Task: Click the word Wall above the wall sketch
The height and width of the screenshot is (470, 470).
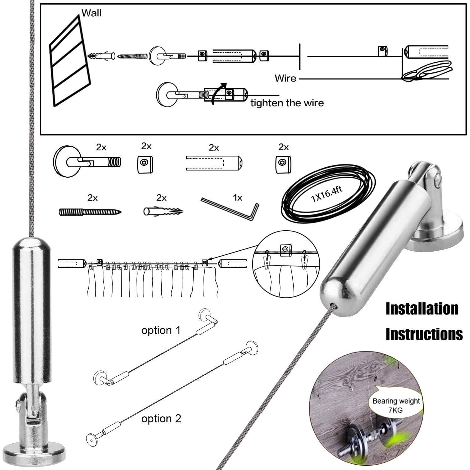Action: [91, 13]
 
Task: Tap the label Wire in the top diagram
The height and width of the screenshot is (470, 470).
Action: [285, 78]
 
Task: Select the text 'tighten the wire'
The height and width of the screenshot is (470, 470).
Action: [287, 103]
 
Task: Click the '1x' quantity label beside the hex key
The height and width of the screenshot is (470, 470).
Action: [238, 198]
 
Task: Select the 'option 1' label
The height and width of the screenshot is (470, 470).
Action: [161, 330]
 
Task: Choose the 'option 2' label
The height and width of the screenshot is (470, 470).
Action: [161, 419]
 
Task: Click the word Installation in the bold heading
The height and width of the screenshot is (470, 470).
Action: [422, 309]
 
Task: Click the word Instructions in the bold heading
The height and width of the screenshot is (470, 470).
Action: [424, 334]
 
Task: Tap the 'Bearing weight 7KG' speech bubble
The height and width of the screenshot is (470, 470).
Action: [396, 405]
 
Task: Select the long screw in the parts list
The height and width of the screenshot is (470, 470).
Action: [90, 212]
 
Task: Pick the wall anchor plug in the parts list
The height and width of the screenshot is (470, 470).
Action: [163, 211]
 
